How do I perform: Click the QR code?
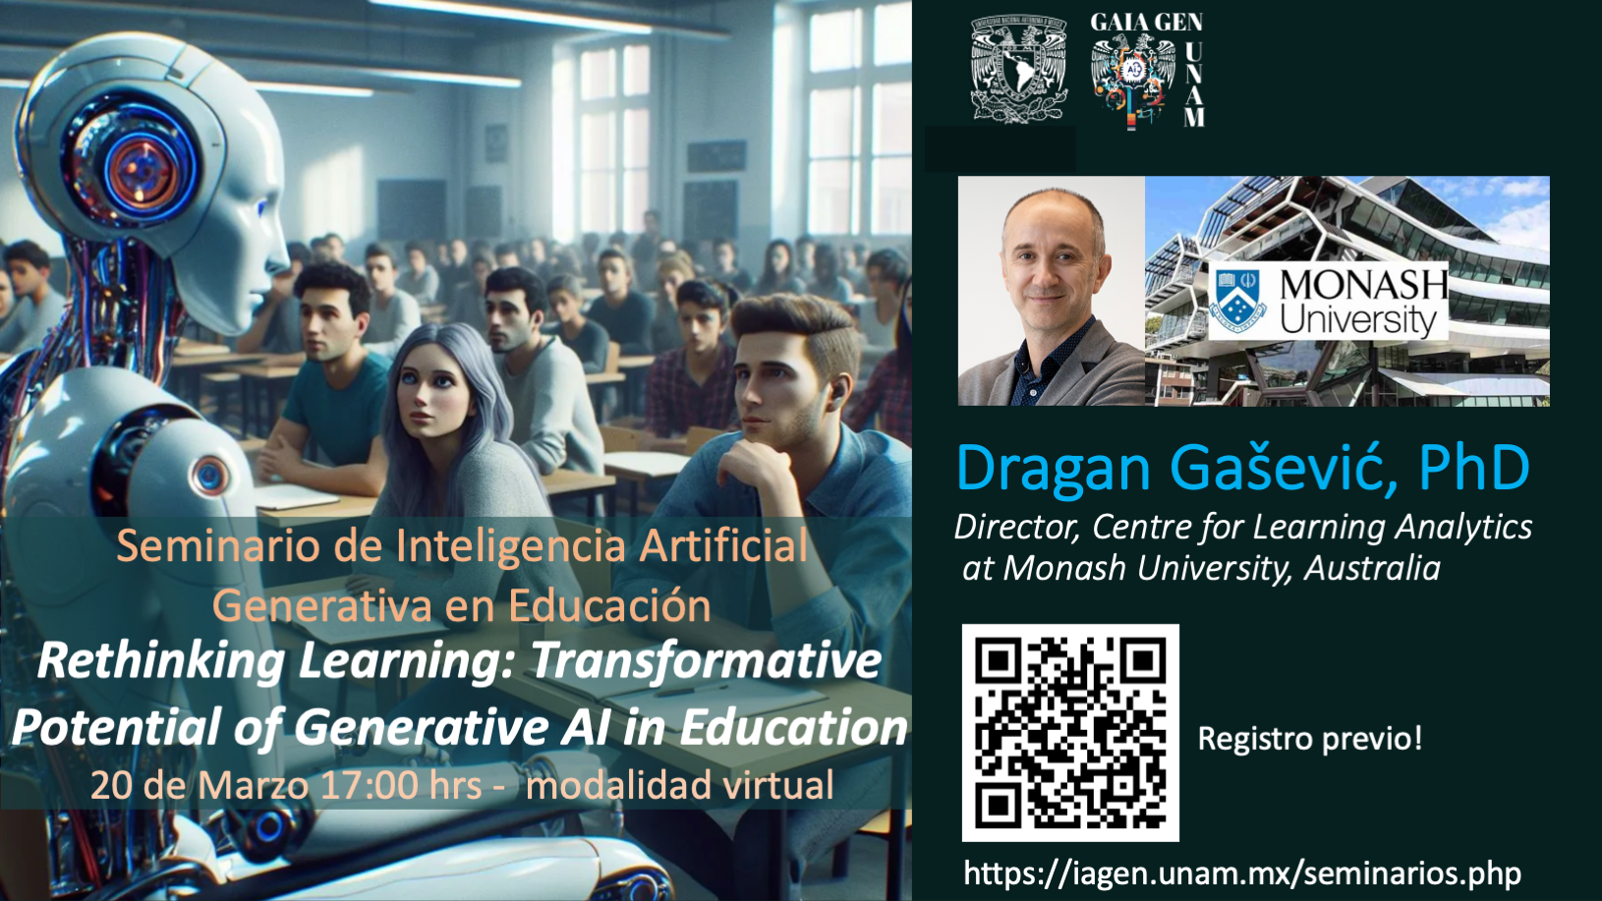(x=1070, y=732)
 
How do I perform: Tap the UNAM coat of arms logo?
(x=1018, y=70)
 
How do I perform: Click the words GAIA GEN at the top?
(x=1146, y=23)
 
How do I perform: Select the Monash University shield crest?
(x=1237, y=300)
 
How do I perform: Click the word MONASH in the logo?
(x=1363, y=285)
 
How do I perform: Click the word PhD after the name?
(x=1474, y=468)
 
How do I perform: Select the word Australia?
(x=1372, y=569)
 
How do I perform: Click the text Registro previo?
(x=1310, y=739)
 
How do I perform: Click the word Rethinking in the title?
(x=161, y=661)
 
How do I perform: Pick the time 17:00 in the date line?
(x=369, y=785)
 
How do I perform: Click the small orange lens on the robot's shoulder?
(x=209, y=476)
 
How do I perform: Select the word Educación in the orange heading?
(x=609, y=606)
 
